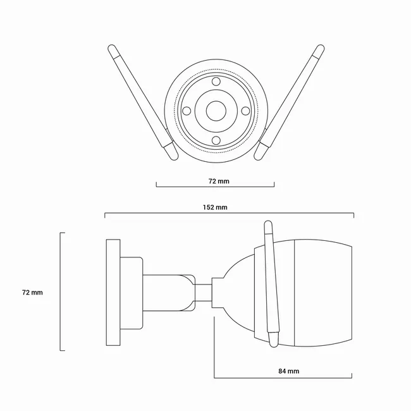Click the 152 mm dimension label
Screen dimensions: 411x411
(215, 207)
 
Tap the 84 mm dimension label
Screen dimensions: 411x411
(288, 371)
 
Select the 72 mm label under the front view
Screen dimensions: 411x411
(219, 181)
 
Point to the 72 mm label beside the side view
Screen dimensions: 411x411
(32, 293)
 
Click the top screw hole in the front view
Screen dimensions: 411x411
(216, 82)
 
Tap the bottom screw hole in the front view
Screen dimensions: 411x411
(216, 140)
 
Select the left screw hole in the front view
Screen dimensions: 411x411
(187, 111)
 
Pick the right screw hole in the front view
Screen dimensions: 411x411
(245, 111)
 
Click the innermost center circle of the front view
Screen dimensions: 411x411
(216, 111)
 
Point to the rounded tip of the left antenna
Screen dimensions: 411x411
(112, 48)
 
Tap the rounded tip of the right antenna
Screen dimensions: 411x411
(321, 49)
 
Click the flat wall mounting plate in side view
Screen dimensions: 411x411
(113, 292)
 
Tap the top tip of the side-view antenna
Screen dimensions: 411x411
(268, 223)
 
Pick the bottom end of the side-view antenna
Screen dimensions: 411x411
(274, 340)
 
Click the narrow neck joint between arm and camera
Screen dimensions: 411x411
(204, 293)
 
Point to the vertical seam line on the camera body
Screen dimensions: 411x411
(295, 293)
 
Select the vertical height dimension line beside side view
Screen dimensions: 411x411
(61, 291)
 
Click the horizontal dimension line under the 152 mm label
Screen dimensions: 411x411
(230, 213)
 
